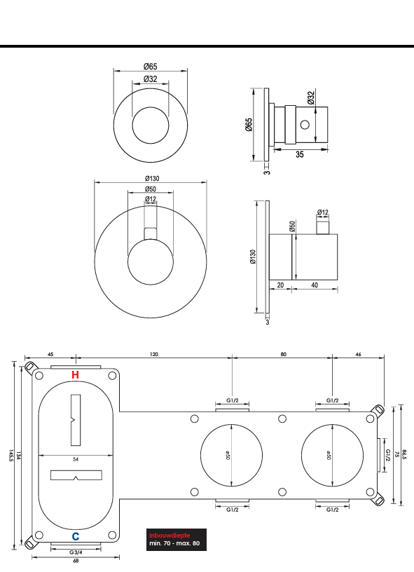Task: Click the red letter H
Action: click(x=75, y=375)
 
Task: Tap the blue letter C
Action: click(x=75, y=536)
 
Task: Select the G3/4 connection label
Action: click(x=75, y=552)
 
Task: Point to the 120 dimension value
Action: click(x=153, y=355)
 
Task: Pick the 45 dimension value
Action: click(x=51, y=355)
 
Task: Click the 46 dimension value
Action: click(x=358, y=355)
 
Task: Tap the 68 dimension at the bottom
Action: click(x=75, y=561)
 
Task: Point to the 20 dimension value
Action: click(x=280, y=285)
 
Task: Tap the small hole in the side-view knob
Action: click(x=305, y=125)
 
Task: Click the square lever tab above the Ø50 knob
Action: click(x=151, y=233)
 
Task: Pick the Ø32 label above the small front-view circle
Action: click(x=150, y=79)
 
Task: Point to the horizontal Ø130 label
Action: click(x=151, y=178)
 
